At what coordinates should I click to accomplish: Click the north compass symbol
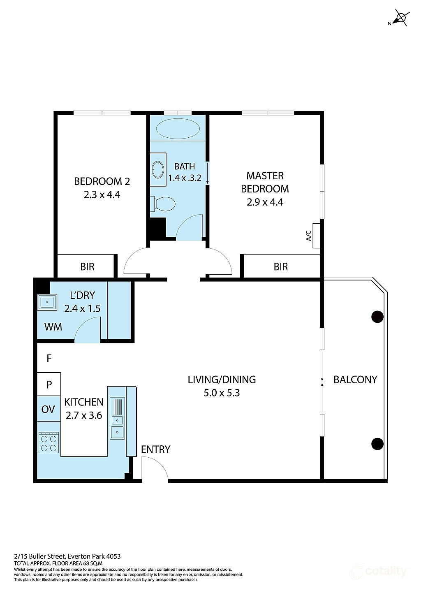click(x=400, y=19)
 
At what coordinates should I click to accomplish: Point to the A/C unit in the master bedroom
click(x=316, y=236)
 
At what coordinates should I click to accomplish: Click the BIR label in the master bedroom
click(x=281, y=266)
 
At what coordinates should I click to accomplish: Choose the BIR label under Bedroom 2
click(x=87, y=266)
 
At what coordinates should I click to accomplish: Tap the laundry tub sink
click(x=47, y=302)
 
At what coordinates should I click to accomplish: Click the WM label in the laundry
click(x=53, y=326)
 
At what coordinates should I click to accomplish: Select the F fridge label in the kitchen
click(x=49, y=358)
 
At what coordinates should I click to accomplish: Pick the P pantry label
click(x=49, y=384)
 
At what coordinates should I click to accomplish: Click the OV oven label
click(x=48, y=409)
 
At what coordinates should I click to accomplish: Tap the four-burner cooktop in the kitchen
click(x=48, y=443)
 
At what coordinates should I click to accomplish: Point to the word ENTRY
click(x=155, y=449)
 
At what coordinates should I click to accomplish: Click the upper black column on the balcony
click(x=377, y=317)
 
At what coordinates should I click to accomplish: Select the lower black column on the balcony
click(x=377, y=444)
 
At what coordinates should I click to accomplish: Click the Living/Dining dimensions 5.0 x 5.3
click(x=222, y=393)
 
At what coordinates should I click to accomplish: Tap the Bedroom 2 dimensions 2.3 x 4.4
click(x=102, y=194)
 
